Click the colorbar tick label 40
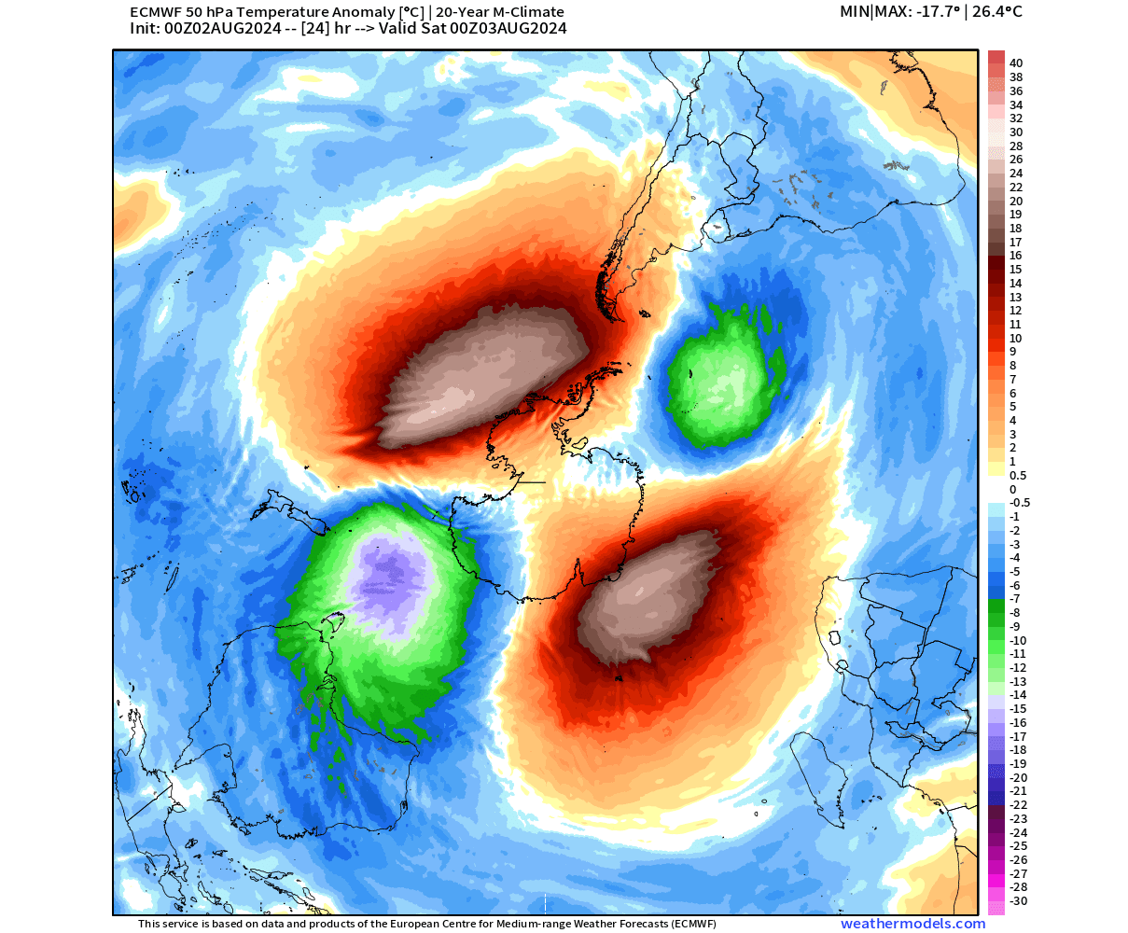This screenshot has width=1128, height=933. pos(1015,63)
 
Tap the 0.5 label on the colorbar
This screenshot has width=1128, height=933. pos(1018,475)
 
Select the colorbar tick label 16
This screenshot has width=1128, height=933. pos(1015,256)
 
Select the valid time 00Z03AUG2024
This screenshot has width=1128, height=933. pos(508,29)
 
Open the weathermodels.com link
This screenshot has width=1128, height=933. pos(912,924)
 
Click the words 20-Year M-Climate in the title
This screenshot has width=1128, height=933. pos(500,12)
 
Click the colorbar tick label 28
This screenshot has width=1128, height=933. pos(1015,146)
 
